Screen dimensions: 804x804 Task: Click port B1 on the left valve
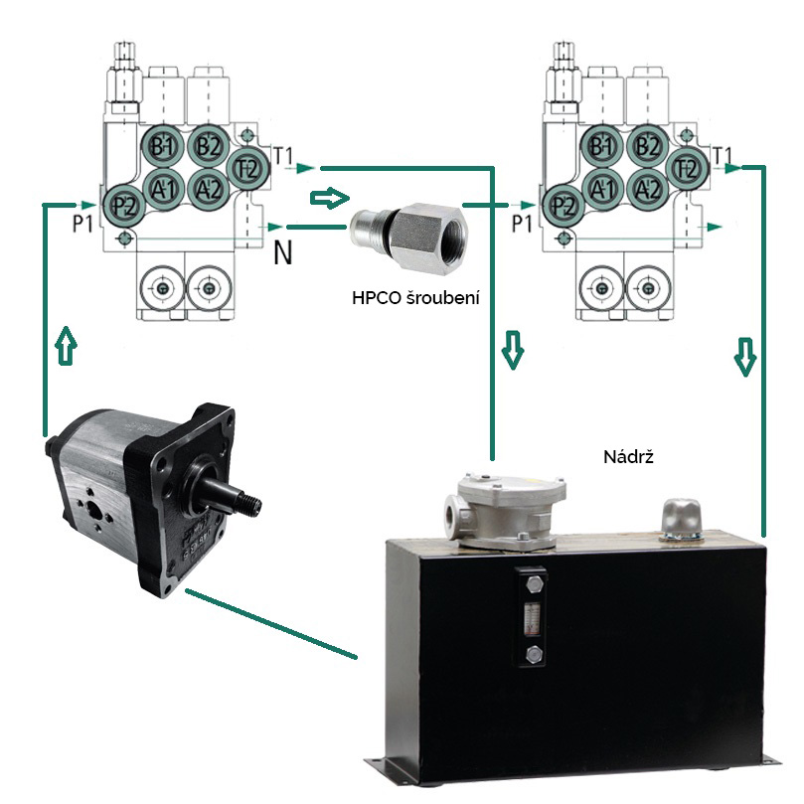[162, 147]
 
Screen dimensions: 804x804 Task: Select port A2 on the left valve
[208, 190]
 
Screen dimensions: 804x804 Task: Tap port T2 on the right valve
[688, 169]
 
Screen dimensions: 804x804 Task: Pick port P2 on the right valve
[563, 206]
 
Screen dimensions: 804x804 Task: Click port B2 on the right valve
[648, 147]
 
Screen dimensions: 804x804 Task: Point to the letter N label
[282, 252]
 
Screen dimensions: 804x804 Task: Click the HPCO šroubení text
[415, 298]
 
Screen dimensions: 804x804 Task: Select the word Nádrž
[629, 456]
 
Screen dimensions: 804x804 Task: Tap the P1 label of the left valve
[82, 224]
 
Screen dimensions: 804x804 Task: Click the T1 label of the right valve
[723, 155]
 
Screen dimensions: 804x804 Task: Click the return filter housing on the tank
[504, 511]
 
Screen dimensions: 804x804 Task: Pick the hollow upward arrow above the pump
[67, 345]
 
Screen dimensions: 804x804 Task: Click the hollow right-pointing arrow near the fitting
[329, 198]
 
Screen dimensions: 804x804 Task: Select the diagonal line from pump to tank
[270, 623]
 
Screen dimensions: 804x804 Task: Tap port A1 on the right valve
[603, 190]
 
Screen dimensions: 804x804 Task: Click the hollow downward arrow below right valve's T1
[745, 357]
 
